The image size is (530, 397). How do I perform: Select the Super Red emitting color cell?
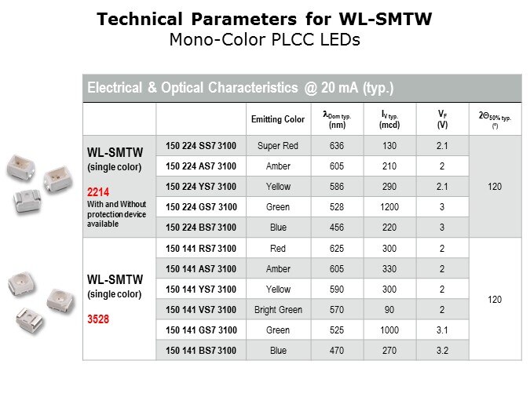[278, 145]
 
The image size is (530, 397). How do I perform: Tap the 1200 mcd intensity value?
[389, 207]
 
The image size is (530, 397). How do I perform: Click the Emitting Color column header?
[278, 119]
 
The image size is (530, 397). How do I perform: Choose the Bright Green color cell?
[278, 309]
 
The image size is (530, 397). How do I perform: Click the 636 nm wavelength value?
[337, 145]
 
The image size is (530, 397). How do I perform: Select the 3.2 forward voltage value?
[442, 351]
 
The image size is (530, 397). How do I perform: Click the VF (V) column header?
[442, 118]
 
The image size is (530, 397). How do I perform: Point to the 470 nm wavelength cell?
[337, 351]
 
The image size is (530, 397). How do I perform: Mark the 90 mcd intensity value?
[389, 309]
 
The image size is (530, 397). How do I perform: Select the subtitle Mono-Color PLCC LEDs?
[265, 40]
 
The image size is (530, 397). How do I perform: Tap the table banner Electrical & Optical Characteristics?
[240, 87]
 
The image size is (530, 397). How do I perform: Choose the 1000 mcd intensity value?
[389, 330]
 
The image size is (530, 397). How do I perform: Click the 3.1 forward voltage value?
[442, 330]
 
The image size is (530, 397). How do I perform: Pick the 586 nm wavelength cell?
[337, 187]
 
